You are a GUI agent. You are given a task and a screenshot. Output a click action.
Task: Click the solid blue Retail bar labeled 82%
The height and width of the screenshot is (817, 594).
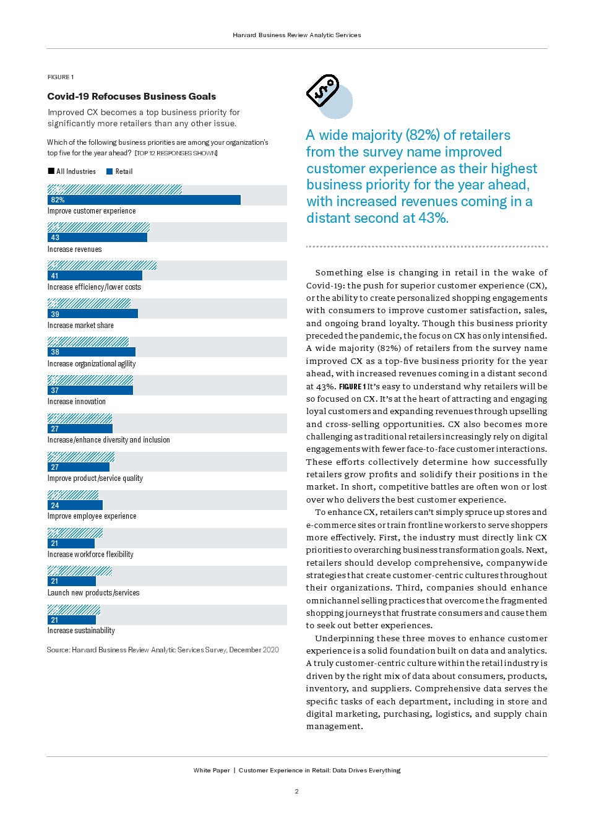click(144, 200)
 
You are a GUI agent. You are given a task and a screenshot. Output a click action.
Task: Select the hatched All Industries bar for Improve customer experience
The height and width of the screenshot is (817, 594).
click(114, 189)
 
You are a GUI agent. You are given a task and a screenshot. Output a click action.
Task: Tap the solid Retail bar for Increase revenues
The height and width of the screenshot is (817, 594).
click(97, 238)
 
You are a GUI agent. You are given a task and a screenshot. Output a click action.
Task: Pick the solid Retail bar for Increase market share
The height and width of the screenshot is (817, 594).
click(93, 314)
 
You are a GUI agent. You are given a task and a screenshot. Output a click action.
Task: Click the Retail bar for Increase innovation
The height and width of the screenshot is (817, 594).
click(90, 391)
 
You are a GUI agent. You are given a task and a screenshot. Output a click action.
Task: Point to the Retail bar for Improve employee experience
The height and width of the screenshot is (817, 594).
click(75, 505)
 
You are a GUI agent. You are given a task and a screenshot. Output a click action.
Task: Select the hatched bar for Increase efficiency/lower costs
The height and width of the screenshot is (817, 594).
click(102, 266)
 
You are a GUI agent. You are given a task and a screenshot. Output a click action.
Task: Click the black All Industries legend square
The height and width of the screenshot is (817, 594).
click(51, 171)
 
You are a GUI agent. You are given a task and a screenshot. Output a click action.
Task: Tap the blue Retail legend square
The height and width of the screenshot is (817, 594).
click(110, 171)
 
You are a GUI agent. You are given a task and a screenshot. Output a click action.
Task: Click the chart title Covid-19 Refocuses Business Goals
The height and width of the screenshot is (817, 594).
click(132, 97)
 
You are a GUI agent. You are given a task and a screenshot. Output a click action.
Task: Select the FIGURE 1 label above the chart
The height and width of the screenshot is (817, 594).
click(61, 77)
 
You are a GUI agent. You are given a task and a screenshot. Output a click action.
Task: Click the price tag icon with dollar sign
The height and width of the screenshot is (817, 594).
click(323, 91)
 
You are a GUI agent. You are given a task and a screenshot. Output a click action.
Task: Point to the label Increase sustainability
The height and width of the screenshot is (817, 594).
click(81, 631)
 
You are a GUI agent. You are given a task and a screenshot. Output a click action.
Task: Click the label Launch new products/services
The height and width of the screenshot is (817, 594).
click(93, 593)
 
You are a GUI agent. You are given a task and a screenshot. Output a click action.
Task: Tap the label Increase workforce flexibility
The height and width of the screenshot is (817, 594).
click(90, 555)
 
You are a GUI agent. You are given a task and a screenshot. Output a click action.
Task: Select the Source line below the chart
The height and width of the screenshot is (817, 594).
click(163, 650)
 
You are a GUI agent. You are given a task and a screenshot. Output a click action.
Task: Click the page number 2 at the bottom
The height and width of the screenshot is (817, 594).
click(297, 792)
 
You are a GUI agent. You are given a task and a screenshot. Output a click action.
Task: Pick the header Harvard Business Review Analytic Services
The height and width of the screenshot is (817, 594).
click(297, 35)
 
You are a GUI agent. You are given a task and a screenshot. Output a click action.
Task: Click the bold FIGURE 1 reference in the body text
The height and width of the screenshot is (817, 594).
click(352, 387)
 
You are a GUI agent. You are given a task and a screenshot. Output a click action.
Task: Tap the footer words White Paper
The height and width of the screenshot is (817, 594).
click(212, 771)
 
